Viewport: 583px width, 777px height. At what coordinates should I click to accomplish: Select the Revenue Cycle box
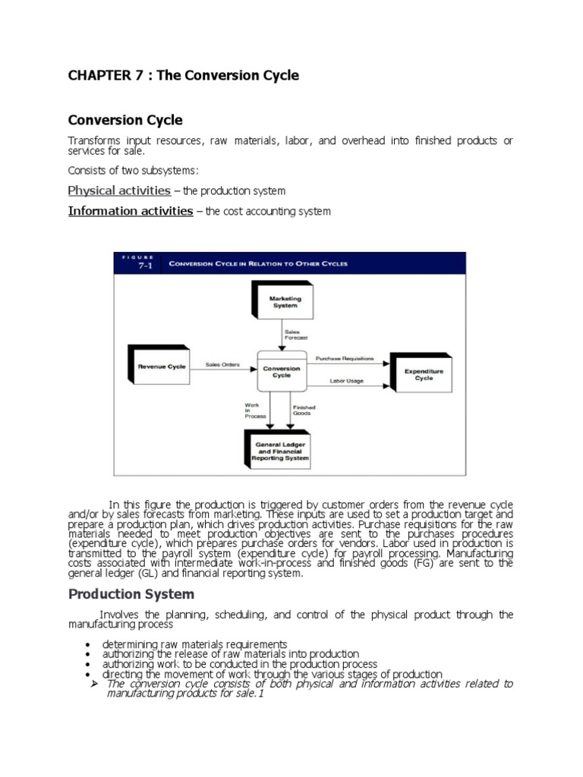162,366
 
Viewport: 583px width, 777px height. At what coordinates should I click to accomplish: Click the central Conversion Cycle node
282,373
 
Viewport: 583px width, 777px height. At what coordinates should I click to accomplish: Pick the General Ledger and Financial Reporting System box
281,451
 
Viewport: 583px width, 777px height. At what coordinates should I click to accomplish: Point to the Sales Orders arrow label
222,365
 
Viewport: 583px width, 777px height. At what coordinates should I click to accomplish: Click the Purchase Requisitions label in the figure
345,357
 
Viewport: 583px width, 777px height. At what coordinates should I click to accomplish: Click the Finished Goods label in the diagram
304,411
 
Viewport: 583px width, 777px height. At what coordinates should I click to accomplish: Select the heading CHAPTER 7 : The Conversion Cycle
183,76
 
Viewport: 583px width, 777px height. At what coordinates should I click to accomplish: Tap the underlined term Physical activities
119,190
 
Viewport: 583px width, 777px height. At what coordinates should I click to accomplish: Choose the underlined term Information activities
131,211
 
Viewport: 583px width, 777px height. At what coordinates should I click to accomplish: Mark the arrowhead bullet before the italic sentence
96,684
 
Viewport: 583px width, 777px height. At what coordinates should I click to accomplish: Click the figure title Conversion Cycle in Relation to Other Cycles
258,263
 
